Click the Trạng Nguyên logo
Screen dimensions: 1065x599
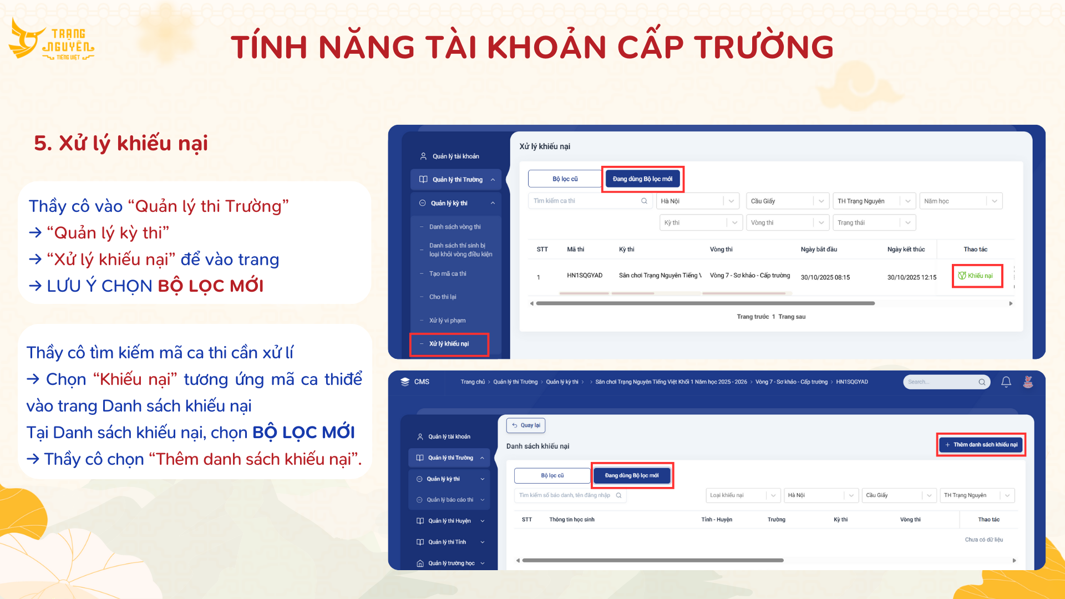pos(52,39)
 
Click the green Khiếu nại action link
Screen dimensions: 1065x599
pos(976,276)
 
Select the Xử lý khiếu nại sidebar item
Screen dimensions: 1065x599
pos(449,344)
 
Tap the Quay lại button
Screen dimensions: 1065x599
pos(526,425)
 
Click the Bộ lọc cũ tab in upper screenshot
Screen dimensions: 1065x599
pos(565,179)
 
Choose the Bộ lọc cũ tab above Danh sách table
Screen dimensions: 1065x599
pos(552,475)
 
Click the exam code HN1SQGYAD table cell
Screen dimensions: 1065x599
pos(585,276)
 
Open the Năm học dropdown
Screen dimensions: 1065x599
pos(961,201)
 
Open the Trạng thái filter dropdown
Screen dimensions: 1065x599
pos(874,222)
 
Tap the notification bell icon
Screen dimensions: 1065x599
pos(1006,382)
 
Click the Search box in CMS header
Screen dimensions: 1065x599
pos(946,382)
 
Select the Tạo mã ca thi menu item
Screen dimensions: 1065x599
pos(447,273)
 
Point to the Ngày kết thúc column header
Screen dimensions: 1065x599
pos(906,249)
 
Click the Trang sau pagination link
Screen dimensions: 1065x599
pos(792,317)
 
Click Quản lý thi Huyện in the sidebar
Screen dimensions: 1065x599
pos(449,521)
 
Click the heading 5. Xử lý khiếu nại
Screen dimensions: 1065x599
pos(121,143)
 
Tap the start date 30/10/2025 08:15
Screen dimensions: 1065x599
pos(825,277)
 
